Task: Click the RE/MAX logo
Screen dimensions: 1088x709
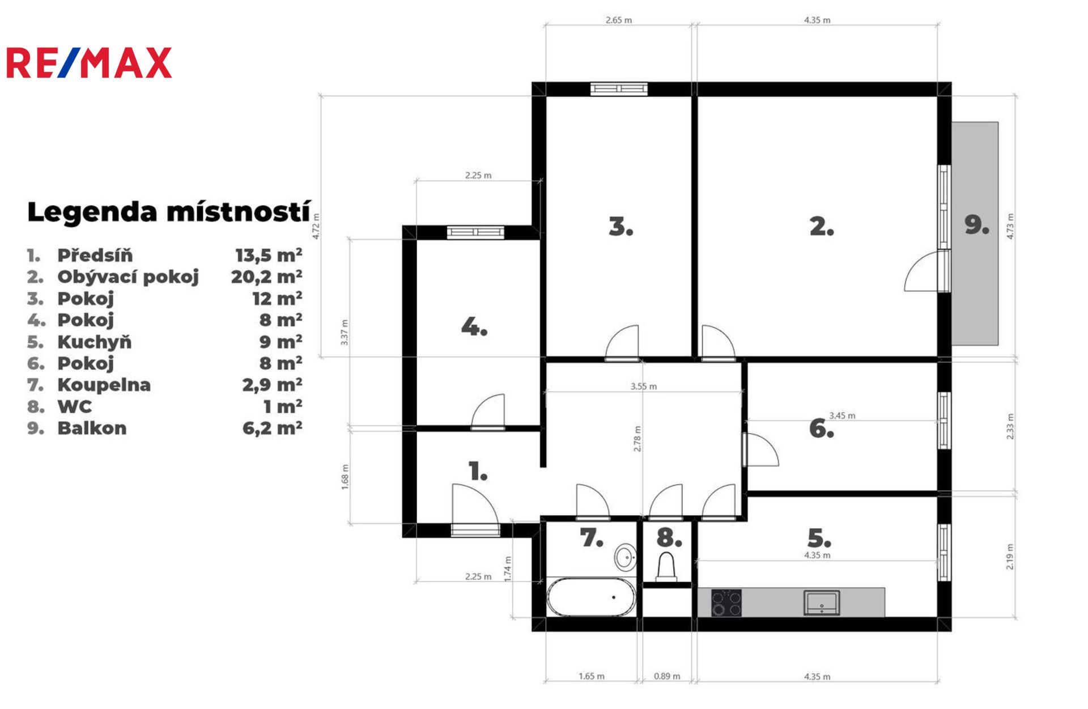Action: coord(88,62)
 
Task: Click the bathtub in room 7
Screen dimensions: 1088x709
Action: coord(591,597)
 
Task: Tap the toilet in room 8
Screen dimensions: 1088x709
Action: coord(666,567)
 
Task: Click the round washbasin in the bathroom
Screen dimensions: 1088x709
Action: coord(626,557)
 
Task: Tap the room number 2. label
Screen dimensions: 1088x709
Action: coord(822,227)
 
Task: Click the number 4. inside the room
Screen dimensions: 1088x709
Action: coord(474,327)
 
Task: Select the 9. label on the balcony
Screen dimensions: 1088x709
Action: coord(977,225)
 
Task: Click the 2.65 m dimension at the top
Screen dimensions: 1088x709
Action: coord(619,20)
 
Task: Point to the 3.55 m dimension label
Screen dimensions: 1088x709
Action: coord(644,387)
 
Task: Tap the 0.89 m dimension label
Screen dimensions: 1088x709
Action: coord(667,676)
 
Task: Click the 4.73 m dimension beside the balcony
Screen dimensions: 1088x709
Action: coord(1010,226)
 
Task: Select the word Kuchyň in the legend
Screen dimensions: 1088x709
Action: coord(95,342)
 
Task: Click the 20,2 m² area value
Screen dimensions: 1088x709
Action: coord(266,277)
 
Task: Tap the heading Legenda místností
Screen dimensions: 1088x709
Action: coord(169,212)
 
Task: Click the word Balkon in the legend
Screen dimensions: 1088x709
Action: coord(92,428)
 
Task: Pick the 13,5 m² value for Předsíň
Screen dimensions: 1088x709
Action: coord(269,255)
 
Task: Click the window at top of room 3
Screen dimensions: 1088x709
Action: coord(619,89)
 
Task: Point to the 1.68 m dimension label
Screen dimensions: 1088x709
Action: coord(345,477)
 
